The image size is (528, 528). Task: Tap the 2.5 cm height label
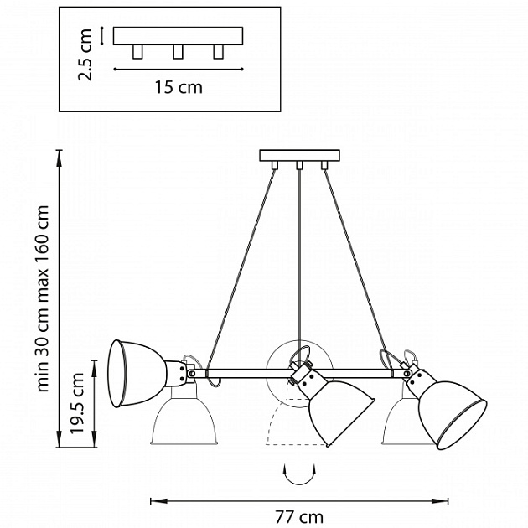tap(85, 53)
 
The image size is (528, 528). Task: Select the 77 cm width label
tap(298, 517)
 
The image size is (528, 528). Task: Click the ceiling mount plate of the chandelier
tap(299, 155)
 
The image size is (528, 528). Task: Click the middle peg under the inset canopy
tap(177, 52)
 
